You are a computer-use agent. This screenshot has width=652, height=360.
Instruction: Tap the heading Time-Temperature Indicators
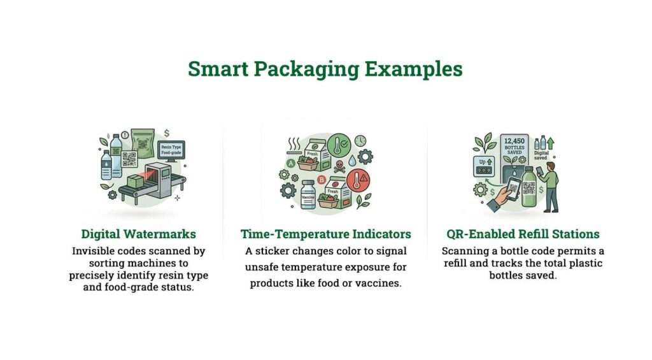pos(325,234)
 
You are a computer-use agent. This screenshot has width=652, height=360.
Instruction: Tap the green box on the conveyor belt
pos(136,181)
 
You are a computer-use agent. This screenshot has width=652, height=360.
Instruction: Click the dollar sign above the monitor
pos(166,133)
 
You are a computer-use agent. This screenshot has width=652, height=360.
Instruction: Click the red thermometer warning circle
pos(360,182)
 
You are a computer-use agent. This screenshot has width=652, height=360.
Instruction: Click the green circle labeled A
pos(291,164)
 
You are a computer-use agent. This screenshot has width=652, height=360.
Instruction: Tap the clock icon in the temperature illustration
pos(360,140)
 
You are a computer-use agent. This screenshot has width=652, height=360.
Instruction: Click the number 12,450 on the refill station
pos(513,141)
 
